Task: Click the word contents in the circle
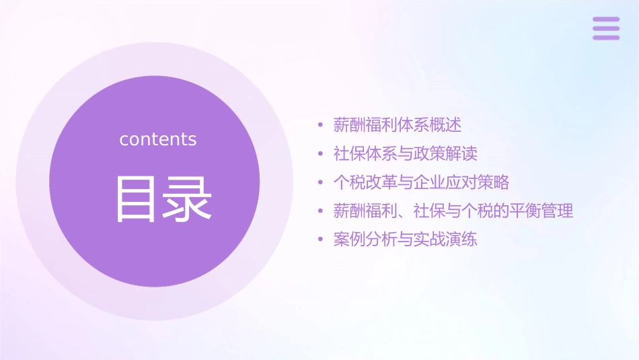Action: [158, 139]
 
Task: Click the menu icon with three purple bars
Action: [605, 28]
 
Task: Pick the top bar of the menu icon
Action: [605, 20]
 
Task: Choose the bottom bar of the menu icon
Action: [605, 37]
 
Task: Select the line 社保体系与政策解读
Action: [405, 153]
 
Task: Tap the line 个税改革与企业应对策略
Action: [421, 182]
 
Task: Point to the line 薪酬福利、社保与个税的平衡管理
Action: [453, 211]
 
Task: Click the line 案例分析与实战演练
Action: [405, 240]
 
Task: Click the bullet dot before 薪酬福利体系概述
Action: [321, 125]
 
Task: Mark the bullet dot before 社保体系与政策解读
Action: [321, 154]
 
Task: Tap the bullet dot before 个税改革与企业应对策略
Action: [321, 183]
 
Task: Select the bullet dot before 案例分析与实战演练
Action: [321, 240]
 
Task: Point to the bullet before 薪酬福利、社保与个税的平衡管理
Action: [321, 212]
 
